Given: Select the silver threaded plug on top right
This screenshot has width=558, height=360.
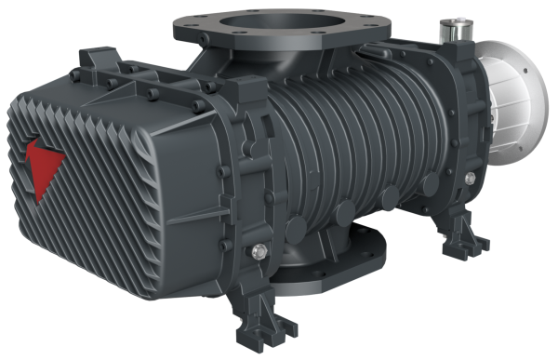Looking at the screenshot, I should point(457,34).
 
